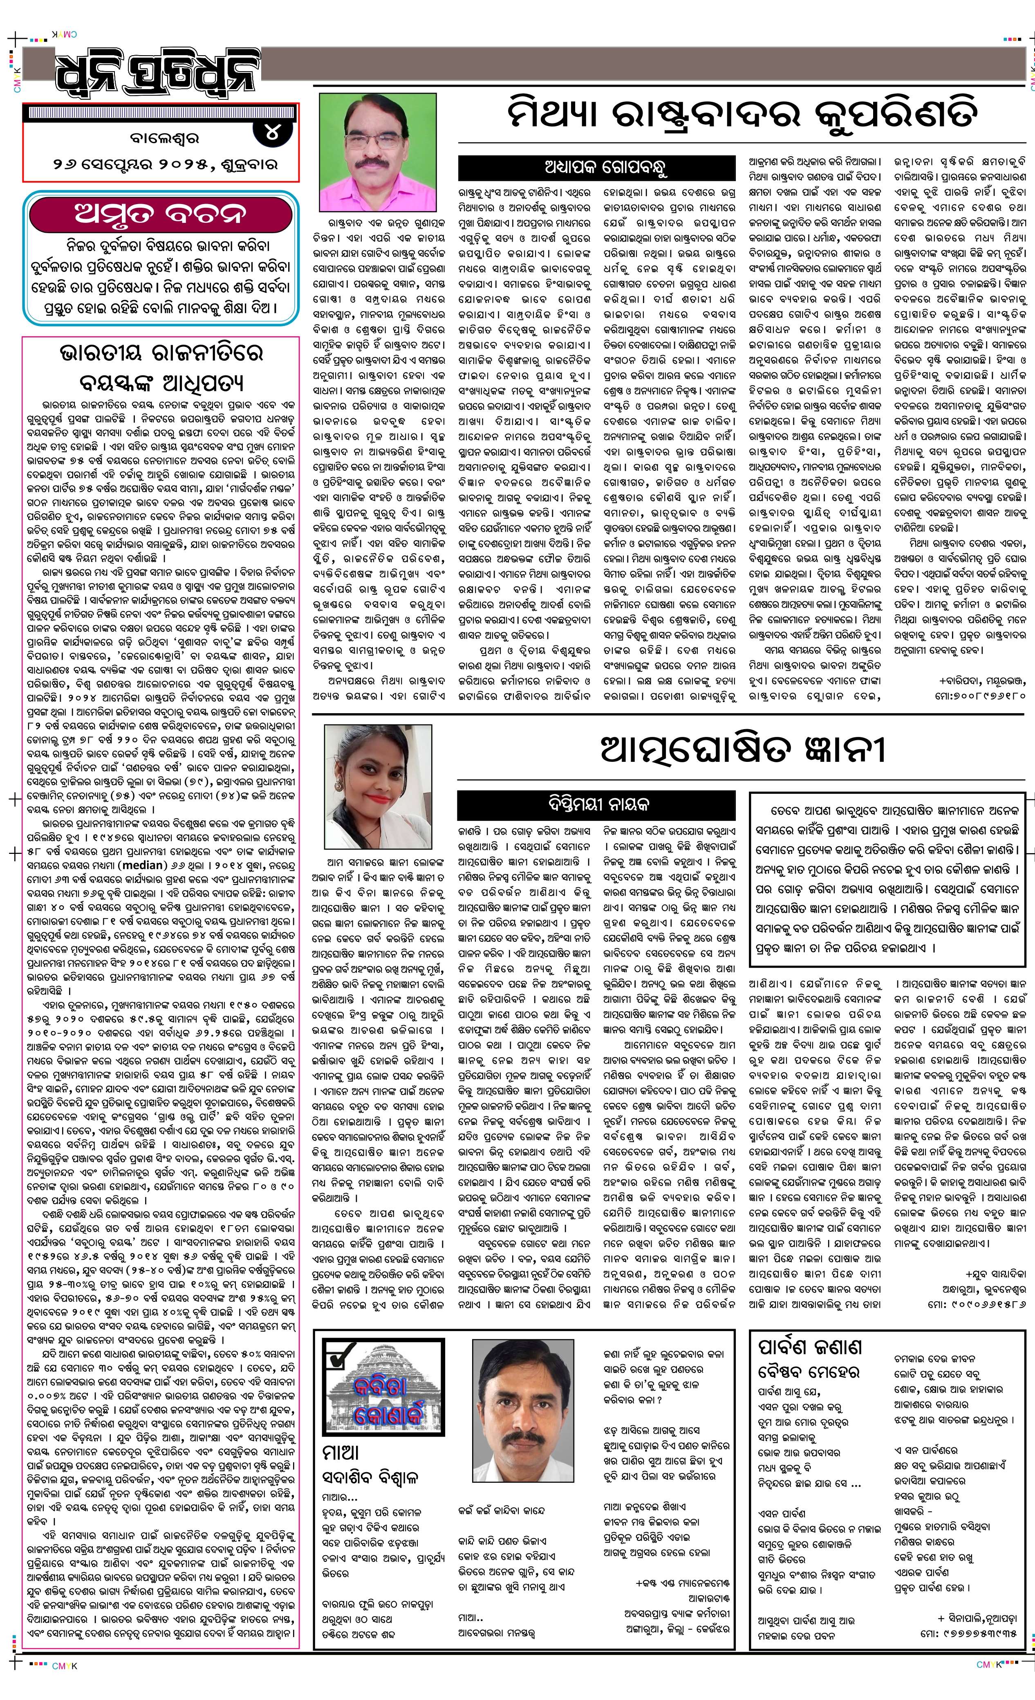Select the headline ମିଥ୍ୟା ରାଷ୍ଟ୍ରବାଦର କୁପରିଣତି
pos(741,115)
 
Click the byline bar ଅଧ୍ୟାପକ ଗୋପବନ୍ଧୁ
pos(596,168)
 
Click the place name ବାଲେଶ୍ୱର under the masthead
pos(164,138)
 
